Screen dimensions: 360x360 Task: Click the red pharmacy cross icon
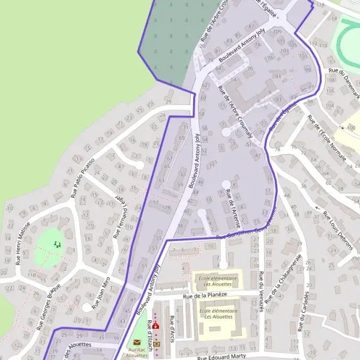pyautogui.click(x=156, y=325)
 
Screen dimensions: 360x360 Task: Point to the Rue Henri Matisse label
pyautogui.click(x=23, y=243)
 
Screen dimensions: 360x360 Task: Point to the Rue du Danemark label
pyautogui.click(x=345, y=84)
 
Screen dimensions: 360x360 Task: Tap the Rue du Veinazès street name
pyautogui.click(x=262, y=291)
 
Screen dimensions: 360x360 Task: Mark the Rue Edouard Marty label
pyautogui.click(x=221, y=356)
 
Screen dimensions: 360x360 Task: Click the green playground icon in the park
pyautogui.click(x=58, y=244)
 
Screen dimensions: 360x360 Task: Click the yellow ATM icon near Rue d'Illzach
pyautogui.click(x=157, y=344)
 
